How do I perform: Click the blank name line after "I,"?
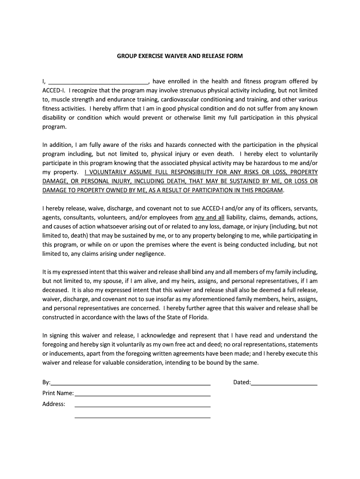tap(98, 81)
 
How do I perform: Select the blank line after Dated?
tap(284, 383)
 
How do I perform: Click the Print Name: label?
tap(58, 393)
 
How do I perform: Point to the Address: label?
tap(54, 404)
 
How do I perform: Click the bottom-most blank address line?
tap(142, 416)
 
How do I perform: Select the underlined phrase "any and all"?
tap(209, 218)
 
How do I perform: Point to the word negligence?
tap(150, 254)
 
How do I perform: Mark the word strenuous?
tap(190, 90)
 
